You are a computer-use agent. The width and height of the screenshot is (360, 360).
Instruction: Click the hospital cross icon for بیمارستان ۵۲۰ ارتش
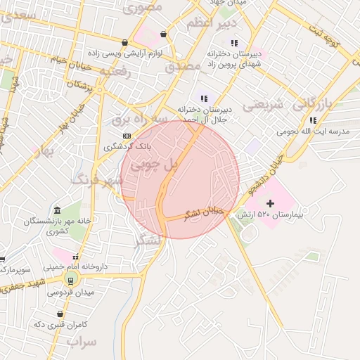270,203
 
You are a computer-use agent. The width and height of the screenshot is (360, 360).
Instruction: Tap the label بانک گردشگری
127,146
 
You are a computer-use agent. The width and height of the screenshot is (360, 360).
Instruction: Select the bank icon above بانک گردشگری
127,135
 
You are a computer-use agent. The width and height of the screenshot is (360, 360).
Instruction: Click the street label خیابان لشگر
202,212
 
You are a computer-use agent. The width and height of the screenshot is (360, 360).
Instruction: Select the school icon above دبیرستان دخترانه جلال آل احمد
204,98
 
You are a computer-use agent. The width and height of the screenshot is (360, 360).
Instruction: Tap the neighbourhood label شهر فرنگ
96,179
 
